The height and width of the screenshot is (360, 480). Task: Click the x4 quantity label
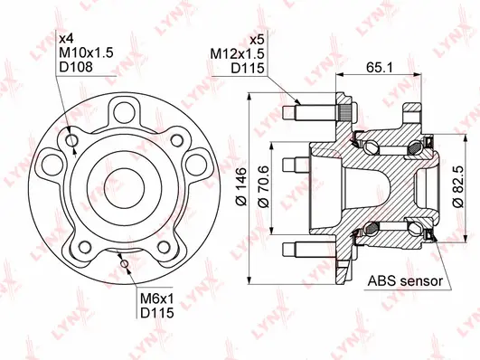tap(66, 40)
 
